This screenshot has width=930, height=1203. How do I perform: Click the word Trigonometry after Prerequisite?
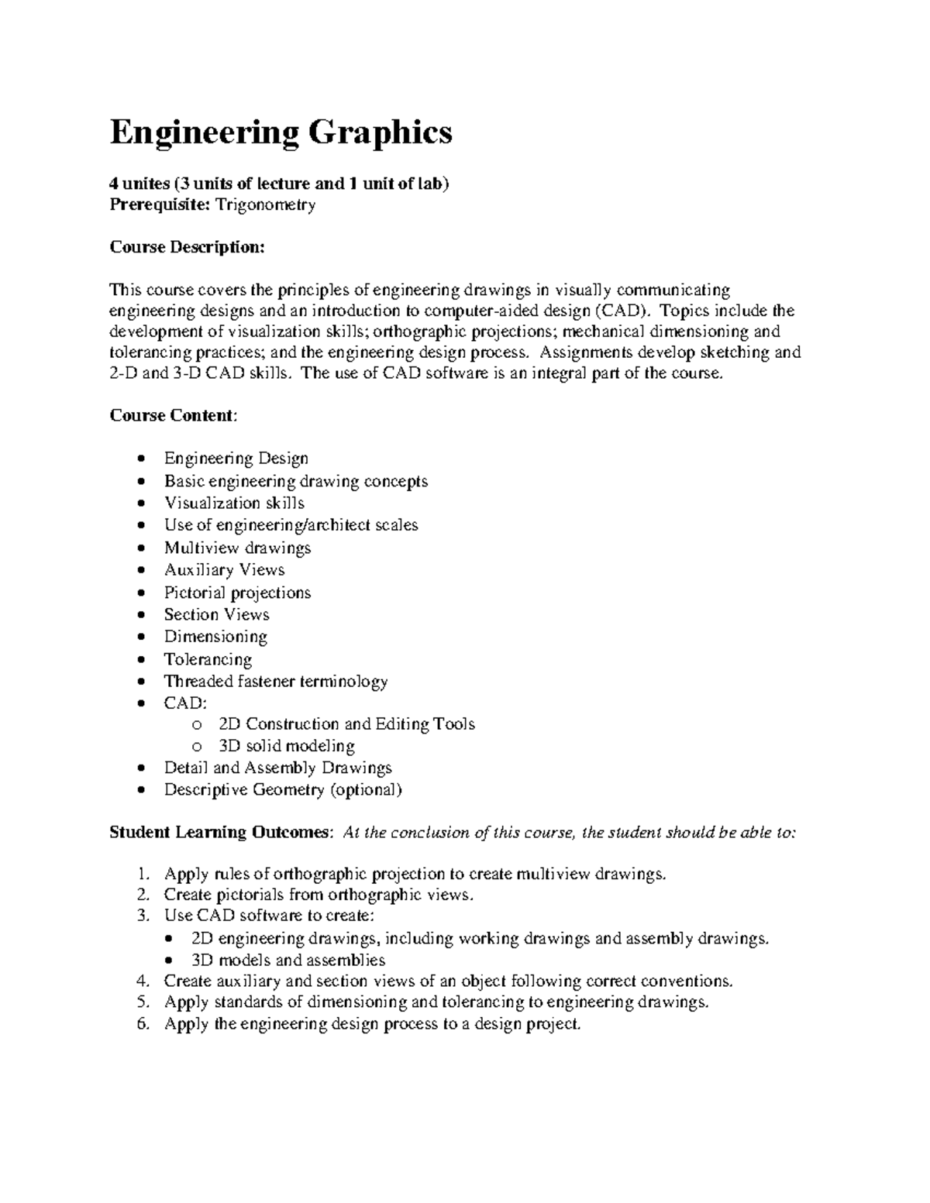tap(266, 205)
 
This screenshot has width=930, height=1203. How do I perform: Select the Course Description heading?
tap(187, 247)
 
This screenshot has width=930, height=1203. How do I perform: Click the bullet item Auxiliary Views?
tap(224, 570)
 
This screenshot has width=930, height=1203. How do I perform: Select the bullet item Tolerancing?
tap(208, 660)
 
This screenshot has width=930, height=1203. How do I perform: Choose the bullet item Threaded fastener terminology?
tap(275, 682)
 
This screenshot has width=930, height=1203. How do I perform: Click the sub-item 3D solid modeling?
tap(287, 747)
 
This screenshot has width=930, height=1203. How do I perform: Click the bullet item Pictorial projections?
tap(237, 593)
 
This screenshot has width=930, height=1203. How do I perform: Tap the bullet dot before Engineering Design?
tap(140, 459)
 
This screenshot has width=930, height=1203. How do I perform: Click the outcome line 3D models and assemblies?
tap(288, 961)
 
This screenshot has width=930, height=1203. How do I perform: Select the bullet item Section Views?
tap(216, 615)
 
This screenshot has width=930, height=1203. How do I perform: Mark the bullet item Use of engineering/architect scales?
tap(291, 525)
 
